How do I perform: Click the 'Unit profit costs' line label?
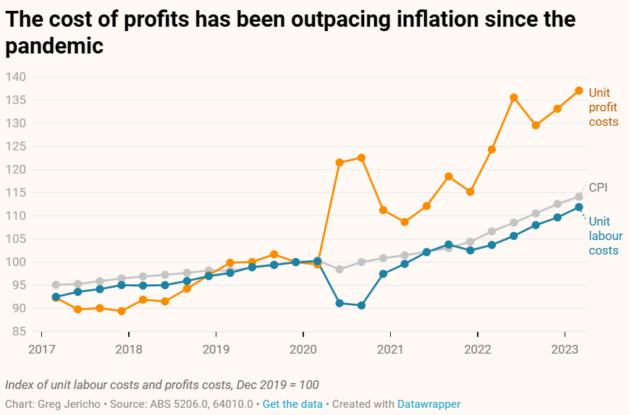[604, 107]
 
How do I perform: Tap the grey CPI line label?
[598, 187]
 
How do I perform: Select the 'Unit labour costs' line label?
[604, 236]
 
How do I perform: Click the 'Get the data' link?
[292, 404]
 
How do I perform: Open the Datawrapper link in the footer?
[429, 404]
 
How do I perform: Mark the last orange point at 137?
[579, 90]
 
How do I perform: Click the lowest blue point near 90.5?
[361, 305]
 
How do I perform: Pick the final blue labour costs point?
[579, 208]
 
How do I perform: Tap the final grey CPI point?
[579, 197]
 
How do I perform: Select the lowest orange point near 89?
[122, 311]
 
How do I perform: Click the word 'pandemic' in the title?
[55, 46]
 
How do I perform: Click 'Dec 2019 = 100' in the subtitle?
[278, 385]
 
